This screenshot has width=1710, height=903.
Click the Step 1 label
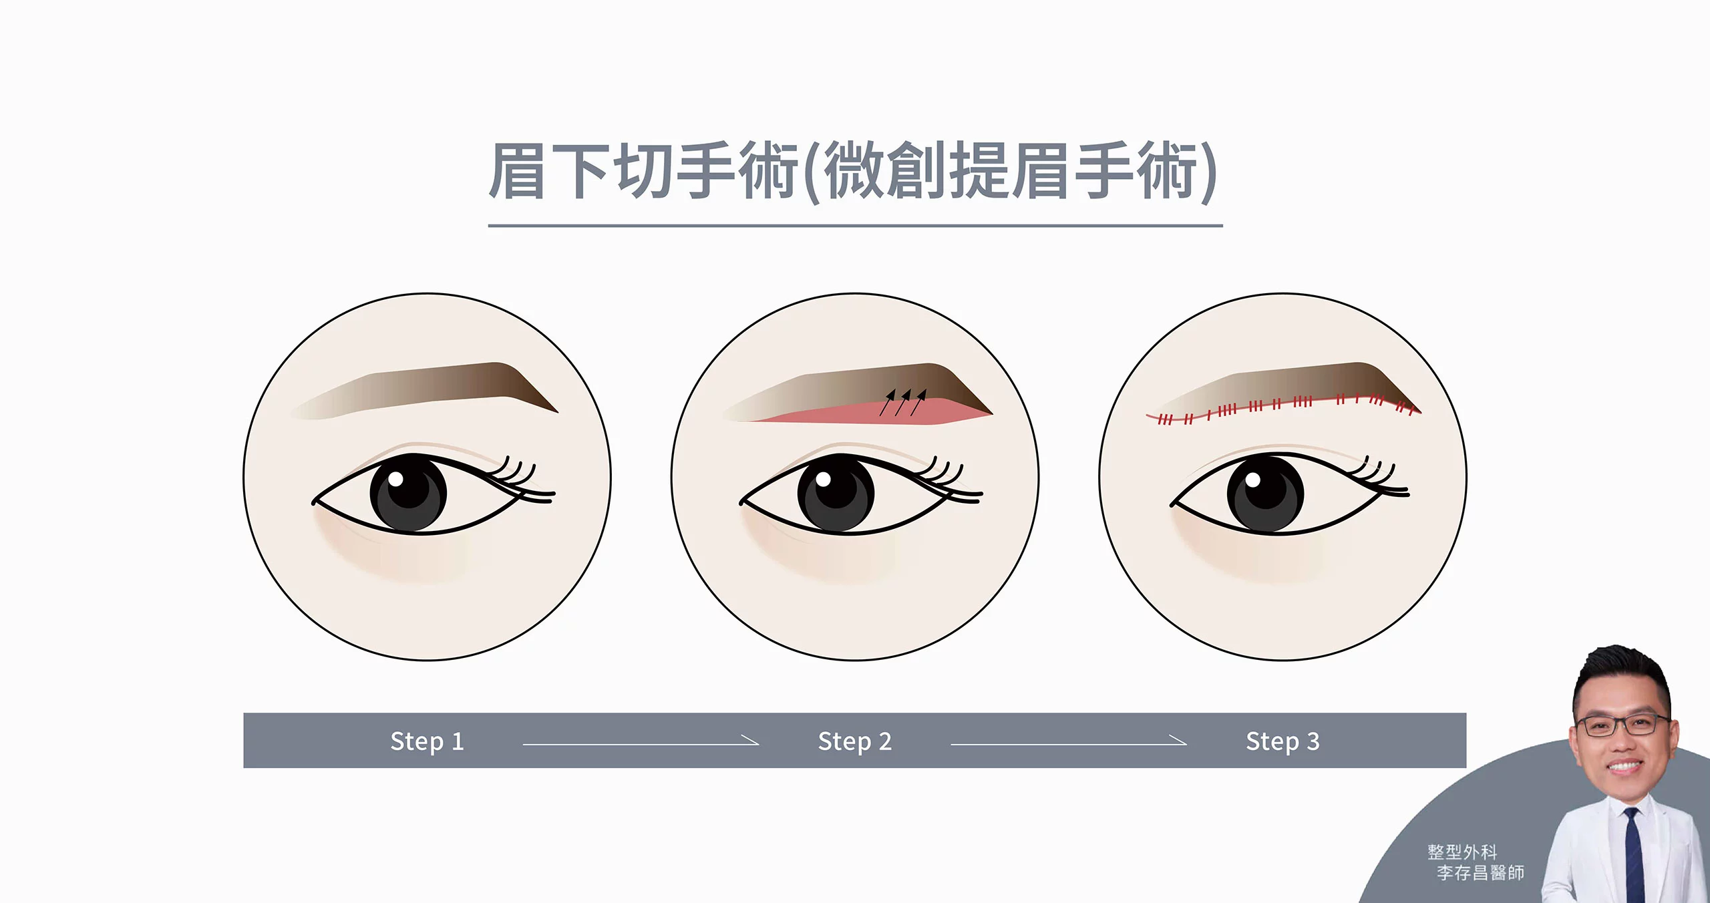tap(427, 741)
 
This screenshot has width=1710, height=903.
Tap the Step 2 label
tap(854, 741)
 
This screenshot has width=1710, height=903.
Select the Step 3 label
tap(1282, 741)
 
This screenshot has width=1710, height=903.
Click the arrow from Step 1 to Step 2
tap(641, 743)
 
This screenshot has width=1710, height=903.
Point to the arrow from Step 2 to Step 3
tap(1068, 743)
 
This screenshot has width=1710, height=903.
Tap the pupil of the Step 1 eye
tap(408, 493)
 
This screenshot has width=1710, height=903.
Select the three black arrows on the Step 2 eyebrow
tap(903, 402)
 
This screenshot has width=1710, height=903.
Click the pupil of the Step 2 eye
tap(836, 493)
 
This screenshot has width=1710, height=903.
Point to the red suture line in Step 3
tap(1282, 406)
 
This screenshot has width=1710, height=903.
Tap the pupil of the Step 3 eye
tap(1265, 493)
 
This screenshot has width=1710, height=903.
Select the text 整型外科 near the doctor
tap(1462, 852)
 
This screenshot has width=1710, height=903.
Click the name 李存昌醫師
tap(1480, 872)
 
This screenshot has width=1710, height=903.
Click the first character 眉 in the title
tap(518, 171)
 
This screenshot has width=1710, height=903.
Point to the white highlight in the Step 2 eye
tap(823, 479)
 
